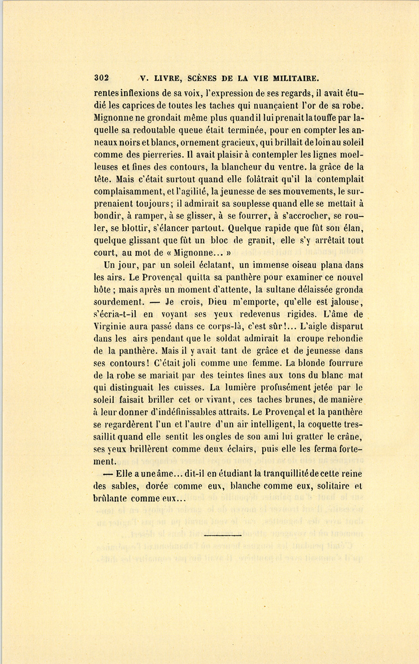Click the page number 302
point(101,78)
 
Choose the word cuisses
point(189,387)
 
